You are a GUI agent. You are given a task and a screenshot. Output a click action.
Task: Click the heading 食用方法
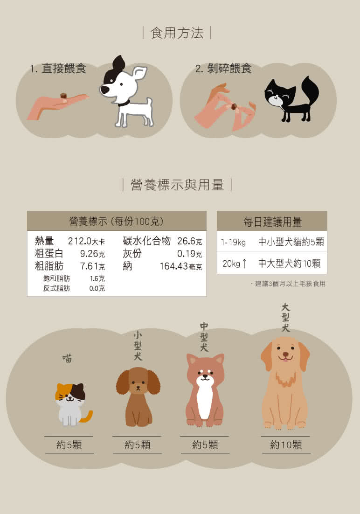click(x=177, y=33)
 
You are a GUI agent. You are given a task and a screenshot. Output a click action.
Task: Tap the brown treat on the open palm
click(x=63, y=96)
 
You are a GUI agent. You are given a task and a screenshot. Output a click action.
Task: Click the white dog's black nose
click(x=104, y=90)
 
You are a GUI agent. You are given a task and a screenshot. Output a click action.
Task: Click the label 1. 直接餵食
click(x=58, y=69)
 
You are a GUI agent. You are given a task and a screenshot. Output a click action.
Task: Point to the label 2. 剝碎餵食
click(x=223, y=69)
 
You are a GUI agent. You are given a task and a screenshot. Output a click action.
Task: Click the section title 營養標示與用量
click(x=177, y=185)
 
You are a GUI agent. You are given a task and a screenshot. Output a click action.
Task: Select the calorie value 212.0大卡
click(x=86, y=241)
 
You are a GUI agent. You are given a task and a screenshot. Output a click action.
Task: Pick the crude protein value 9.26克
click(x=92, y=254)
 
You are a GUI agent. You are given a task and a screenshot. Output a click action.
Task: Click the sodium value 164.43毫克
click(x=181, y=266)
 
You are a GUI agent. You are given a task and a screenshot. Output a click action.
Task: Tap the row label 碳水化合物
click(x=146, y=241)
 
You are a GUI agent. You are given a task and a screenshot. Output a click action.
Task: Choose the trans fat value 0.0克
click(x=97, y=288)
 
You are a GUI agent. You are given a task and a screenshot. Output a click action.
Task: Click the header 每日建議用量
click(x=272, y=222)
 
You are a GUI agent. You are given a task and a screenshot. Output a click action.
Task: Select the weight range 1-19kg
click(x=233, y=242)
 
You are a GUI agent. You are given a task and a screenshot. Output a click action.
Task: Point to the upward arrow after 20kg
click(x=244, y=263)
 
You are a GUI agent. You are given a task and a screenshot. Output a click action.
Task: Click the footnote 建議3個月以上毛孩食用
click(x=290, y=284)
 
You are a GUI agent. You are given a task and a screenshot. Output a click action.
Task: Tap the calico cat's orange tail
click(x=87, y=417)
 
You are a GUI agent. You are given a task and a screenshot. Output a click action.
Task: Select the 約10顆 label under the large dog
click(x=286, y=445)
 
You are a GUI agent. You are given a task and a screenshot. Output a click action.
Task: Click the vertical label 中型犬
click(x=204, y=337)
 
